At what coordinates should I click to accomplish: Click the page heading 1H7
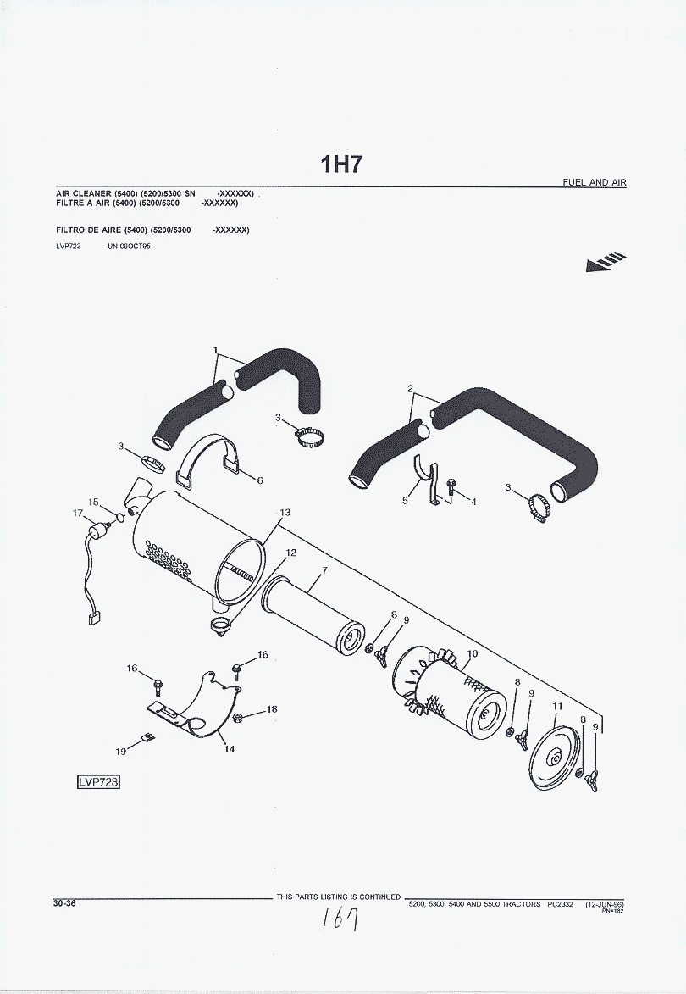(x=341, y=165)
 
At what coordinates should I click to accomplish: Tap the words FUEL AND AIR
(x=595, y=182)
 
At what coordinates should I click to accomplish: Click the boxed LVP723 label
(x=98, y=781)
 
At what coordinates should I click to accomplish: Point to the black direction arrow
(x=606, y=263)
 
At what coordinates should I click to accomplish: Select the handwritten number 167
(x=340, y=919)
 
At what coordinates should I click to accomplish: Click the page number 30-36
(x=64, y=902)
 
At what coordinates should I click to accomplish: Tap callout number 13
(x=285, y=512)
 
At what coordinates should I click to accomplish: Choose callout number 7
(x=324, y=570)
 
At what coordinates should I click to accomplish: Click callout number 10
(x=472, y=653)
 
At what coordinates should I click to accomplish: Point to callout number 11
(x=557, y=706)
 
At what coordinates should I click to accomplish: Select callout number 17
(x=78, y=513)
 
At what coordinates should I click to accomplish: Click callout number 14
(x=230, y=748)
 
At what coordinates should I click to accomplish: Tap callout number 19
(x=120, y=751)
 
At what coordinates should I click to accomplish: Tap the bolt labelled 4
(x=450, y=487)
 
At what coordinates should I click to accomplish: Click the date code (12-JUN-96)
(x=605, y=904)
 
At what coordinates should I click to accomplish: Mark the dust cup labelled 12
(x=220, y=625)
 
